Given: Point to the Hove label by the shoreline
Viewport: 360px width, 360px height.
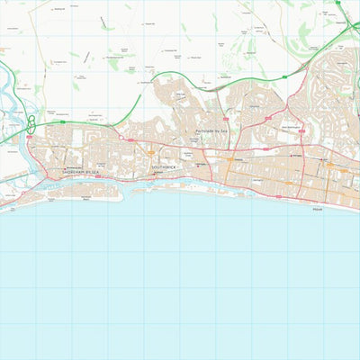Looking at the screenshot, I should [x=316, y=209].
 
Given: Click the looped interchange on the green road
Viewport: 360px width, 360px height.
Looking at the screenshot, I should [x=32, y=123].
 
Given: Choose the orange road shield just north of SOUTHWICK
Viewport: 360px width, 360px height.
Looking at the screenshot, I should [x=149, y=153].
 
